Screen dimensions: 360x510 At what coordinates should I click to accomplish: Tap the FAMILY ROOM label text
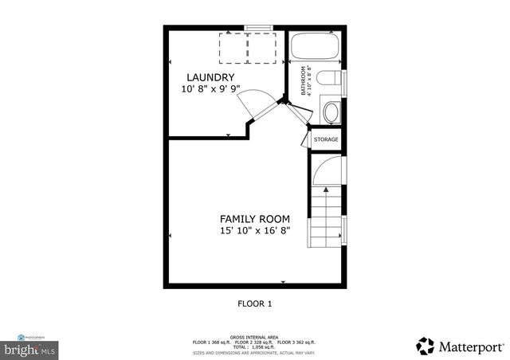point(255,218)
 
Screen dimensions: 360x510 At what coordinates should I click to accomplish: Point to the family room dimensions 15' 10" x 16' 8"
point(255,231)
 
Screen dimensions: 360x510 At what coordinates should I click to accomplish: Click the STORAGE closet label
point(326,140)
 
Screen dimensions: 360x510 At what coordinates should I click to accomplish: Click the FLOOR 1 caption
point(255,303)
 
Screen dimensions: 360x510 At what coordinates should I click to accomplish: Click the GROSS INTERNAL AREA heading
point(255,337)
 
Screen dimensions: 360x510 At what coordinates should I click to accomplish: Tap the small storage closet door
point(304,139)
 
